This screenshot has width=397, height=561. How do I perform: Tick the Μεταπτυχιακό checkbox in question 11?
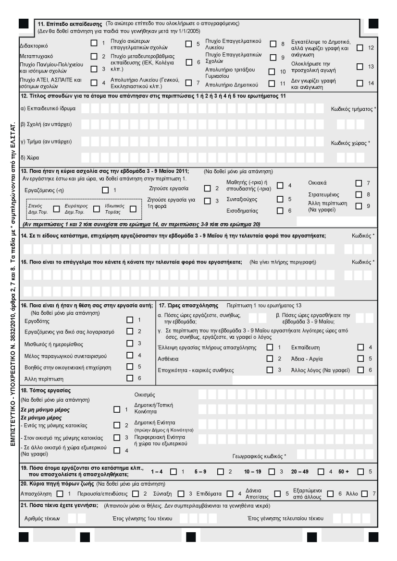pos(94,57)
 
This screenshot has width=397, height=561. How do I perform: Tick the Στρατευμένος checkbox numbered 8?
pos(358,195)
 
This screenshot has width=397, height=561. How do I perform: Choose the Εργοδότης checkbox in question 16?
pos(129,320)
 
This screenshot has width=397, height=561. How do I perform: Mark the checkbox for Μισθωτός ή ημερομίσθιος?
pos(129,344)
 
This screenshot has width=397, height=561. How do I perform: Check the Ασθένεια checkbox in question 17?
pos(270,358)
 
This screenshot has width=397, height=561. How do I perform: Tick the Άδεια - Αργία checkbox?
pos(360,358)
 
